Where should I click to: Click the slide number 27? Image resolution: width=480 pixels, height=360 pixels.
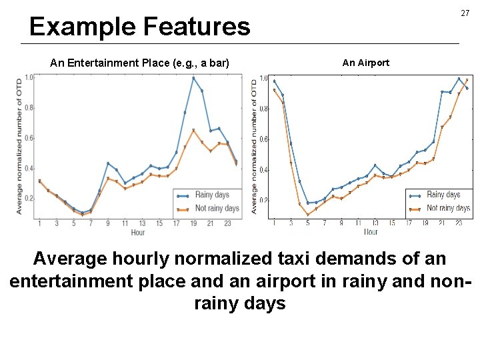pyautogui.click(x=464, y=13)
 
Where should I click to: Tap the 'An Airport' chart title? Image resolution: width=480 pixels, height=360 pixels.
pyautogui.click(x=365, y=63)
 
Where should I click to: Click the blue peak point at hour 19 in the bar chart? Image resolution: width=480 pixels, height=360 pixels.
pyautogui.click(x=193, y=78)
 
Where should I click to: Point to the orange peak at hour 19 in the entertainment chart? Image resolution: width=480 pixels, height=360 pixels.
pyautogui.click(x=193, y=130)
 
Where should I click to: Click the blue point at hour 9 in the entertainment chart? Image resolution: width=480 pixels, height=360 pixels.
pyautogui.click(x=108, y=163)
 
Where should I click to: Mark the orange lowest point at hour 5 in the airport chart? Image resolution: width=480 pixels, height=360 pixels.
pyautogui.click(x=307, y=215)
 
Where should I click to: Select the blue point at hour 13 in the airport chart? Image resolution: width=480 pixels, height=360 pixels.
pyautogui.click(x=375, y=165)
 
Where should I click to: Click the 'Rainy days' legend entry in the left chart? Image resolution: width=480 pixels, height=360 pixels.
pyautogui.click(x=211, y=195)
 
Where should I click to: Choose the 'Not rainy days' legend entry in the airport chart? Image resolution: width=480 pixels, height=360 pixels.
pyautogui.click(x=448, y=208)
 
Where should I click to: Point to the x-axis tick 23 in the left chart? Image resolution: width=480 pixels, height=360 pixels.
pyautogui.click(x=227, y=223)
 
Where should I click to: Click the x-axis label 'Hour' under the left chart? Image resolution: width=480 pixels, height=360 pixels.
pyautogui.click(x=137, y=232)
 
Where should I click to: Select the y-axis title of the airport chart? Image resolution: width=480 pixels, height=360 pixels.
pyautogui.click(x=255, y=146)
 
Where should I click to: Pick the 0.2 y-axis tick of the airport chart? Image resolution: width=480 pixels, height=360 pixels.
pyautogui.click(x=264, y=200)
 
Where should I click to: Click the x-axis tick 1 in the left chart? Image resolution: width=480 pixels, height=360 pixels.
pyautogui.click(x=39, y=223)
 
